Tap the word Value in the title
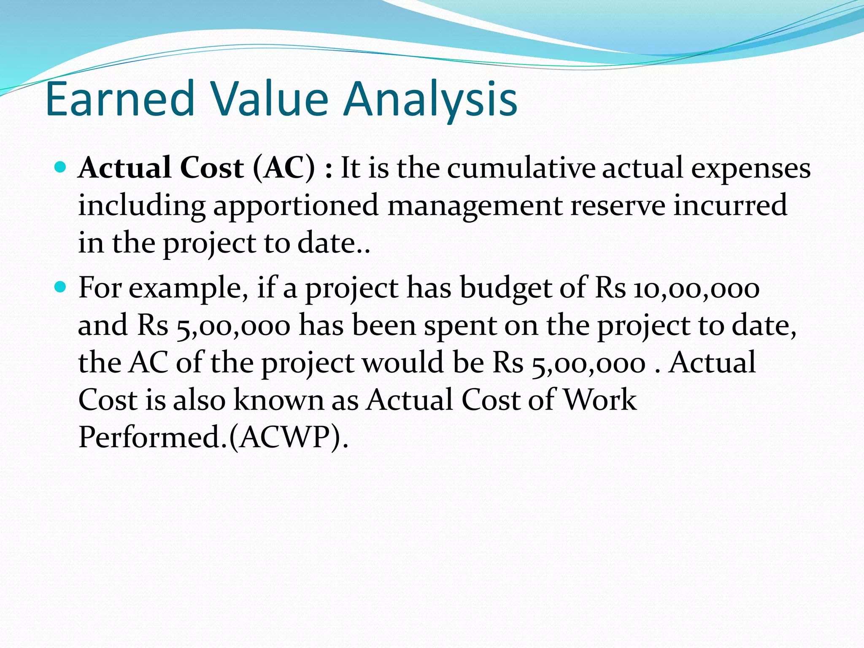pos(269,100)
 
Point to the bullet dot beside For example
pos(61,288)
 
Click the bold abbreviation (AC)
pos(284,168)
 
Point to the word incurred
pos(730,205)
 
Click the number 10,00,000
pos(697,289)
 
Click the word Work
pos(600,400)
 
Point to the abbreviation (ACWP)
pos(288,437)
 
